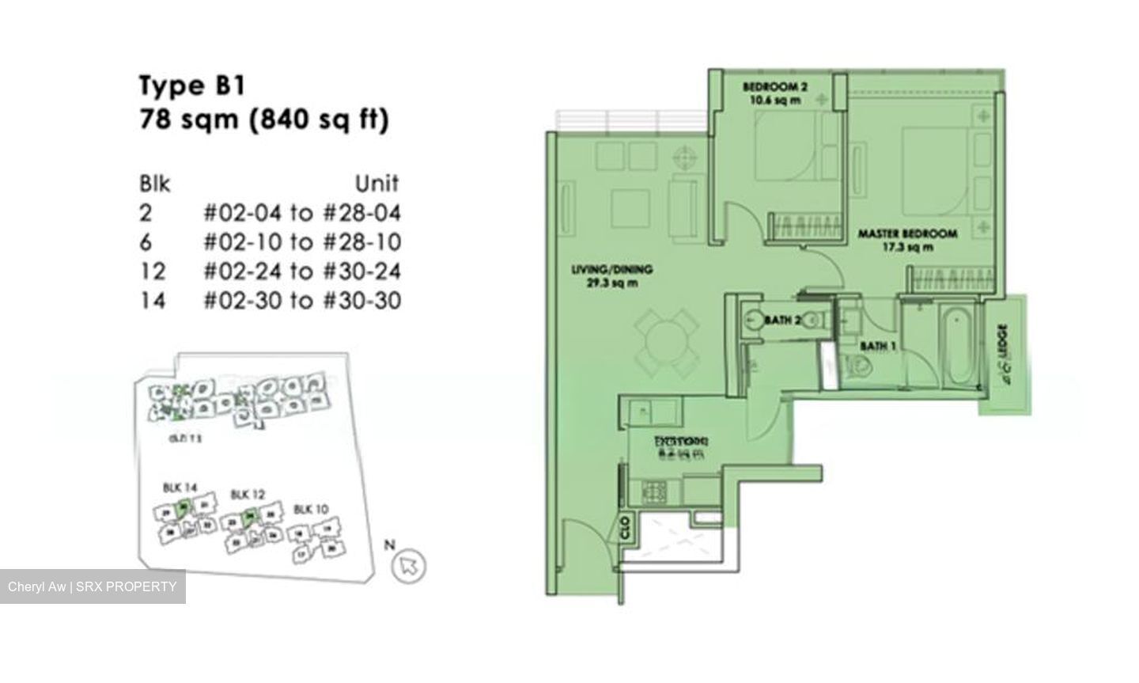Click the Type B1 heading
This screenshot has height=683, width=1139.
[x=183, y=85]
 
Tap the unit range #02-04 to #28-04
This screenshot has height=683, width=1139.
[x=301, y=212]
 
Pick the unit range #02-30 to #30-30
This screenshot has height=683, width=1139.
[x=301, y=301]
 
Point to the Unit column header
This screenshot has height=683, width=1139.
[x=377, y=184]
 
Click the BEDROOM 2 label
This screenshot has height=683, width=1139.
[x=774, y=86]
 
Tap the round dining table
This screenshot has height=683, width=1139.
[x=667, y=343]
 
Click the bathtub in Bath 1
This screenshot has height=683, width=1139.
[x=957, y=346]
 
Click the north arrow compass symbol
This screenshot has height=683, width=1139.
[x=409, y=564]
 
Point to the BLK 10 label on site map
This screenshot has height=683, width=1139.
[x=310, y=509]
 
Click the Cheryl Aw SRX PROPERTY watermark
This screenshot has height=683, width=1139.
[x=93, y=586]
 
